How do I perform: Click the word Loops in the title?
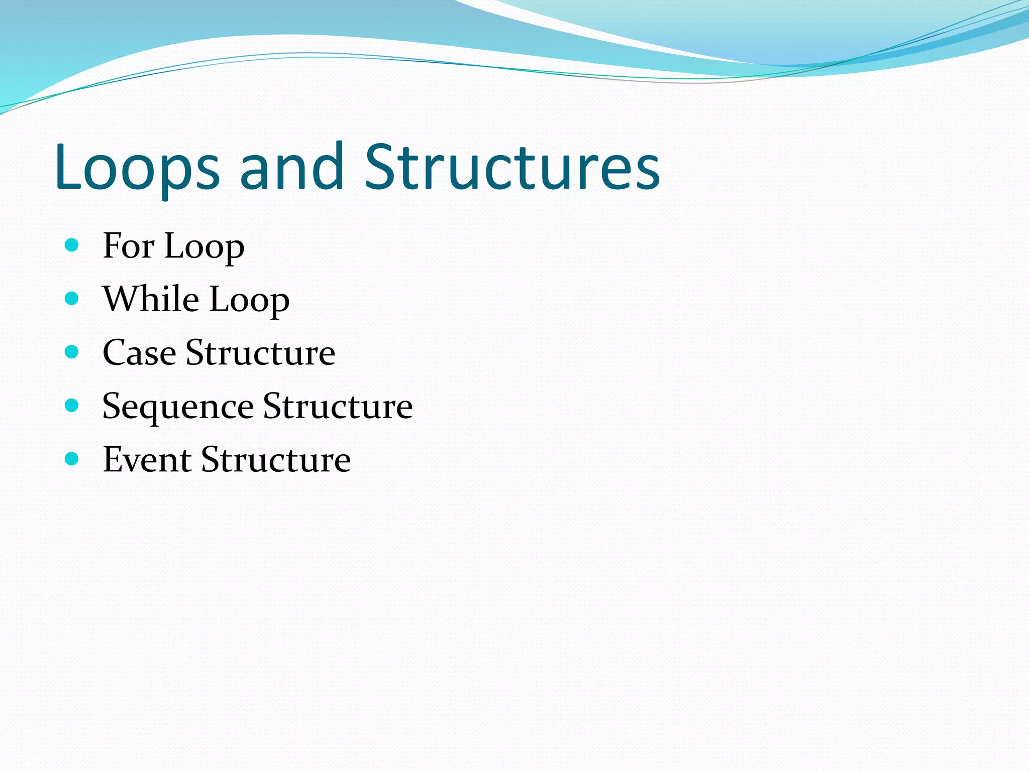click(137, 168)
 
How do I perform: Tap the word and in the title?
click(292, 168)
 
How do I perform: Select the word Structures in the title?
click(512, 168)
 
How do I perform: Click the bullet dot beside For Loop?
click(72, 245)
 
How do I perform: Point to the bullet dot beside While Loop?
click(72, 299)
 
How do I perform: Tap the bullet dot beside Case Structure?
click(72, 352)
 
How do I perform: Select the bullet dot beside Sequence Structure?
click(72, 406)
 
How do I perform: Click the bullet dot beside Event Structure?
click(72, 459)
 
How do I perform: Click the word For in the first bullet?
click(128, 246)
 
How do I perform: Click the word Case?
click(139, 353)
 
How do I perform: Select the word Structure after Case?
click(260, 353)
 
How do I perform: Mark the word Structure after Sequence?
click(338, 406)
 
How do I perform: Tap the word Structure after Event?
click(276, 460)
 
